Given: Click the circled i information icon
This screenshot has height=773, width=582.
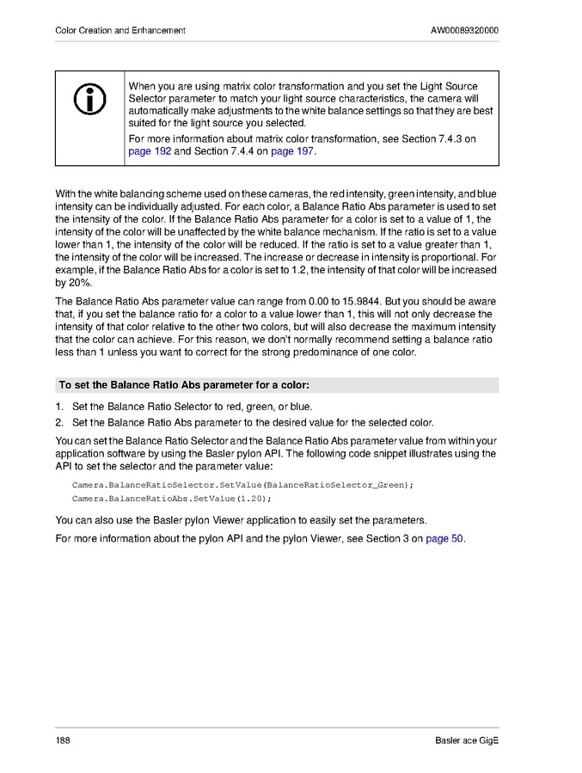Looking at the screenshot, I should click(90, 101).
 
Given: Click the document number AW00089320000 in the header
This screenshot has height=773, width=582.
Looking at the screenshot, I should click(464, 30).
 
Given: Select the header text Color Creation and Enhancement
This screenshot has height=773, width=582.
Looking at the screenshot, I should click(119, 30).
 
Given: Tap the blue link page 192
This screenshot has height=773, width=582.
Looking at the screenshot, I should click(150, 151).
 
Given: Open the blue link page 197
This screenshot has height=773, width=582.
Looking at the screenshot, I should click(293, 151).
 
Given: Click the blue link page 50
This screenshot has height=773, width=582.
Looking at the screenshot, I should click(444, 539).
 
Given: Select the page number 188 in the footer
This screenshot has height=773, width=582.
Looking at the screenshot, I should click(63, 741).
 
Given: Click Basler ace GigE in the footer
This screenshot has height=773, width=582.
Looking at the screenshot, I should click(467, 741).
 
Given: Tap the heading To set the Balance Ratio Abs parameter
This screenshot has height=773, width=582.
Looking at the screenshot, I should click(184, 384).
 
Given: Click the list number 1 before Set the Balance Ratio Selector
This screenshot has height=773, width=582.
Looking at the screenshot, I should click(60, 406).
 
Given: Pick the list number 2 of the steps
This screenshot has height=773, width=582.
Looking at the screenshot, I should click(60, 421).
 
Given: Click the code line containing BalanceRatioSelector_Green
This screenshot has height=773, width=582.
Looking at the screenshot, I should click(242, 485).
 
